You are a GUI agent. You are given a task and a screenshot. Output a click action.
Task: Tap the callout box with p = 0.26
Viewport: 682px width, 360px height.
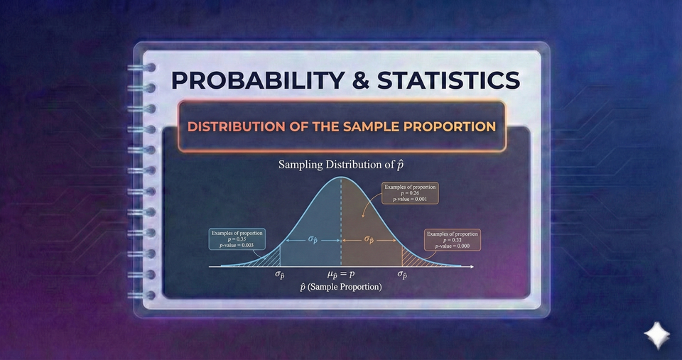[410, 193]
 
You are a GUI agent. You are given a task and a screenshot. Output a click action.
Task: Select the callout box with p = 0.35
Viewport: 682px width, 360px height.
[237, 239]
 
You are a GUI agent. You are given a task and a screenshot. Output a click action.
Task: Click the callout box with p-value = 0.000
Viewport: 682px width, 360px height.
[452, 240]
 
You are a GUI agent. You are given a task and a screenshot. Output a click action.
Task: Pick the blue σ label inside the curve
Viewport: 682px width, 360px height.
[313, 240]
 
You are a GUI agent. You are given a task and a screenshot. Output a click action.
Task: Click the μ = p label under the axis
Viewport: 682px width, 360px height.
[341, 274]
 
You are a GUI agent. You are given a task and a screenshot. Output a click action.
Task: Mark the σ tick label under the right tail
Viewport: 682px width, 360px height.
[402, 275]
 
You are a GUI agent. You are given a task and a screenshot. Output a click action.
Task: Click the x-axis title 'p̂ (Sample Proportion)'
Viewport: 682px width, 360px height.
[341, 288]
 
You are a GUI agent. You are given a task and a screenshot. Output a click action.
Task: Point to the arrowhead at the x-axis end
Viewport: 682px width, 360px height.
[471, 266]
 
